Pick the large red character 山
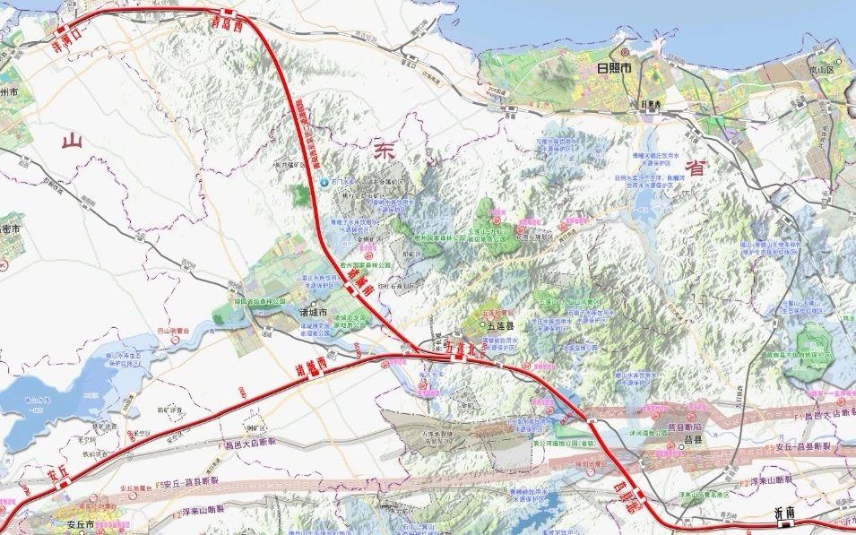72,141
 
